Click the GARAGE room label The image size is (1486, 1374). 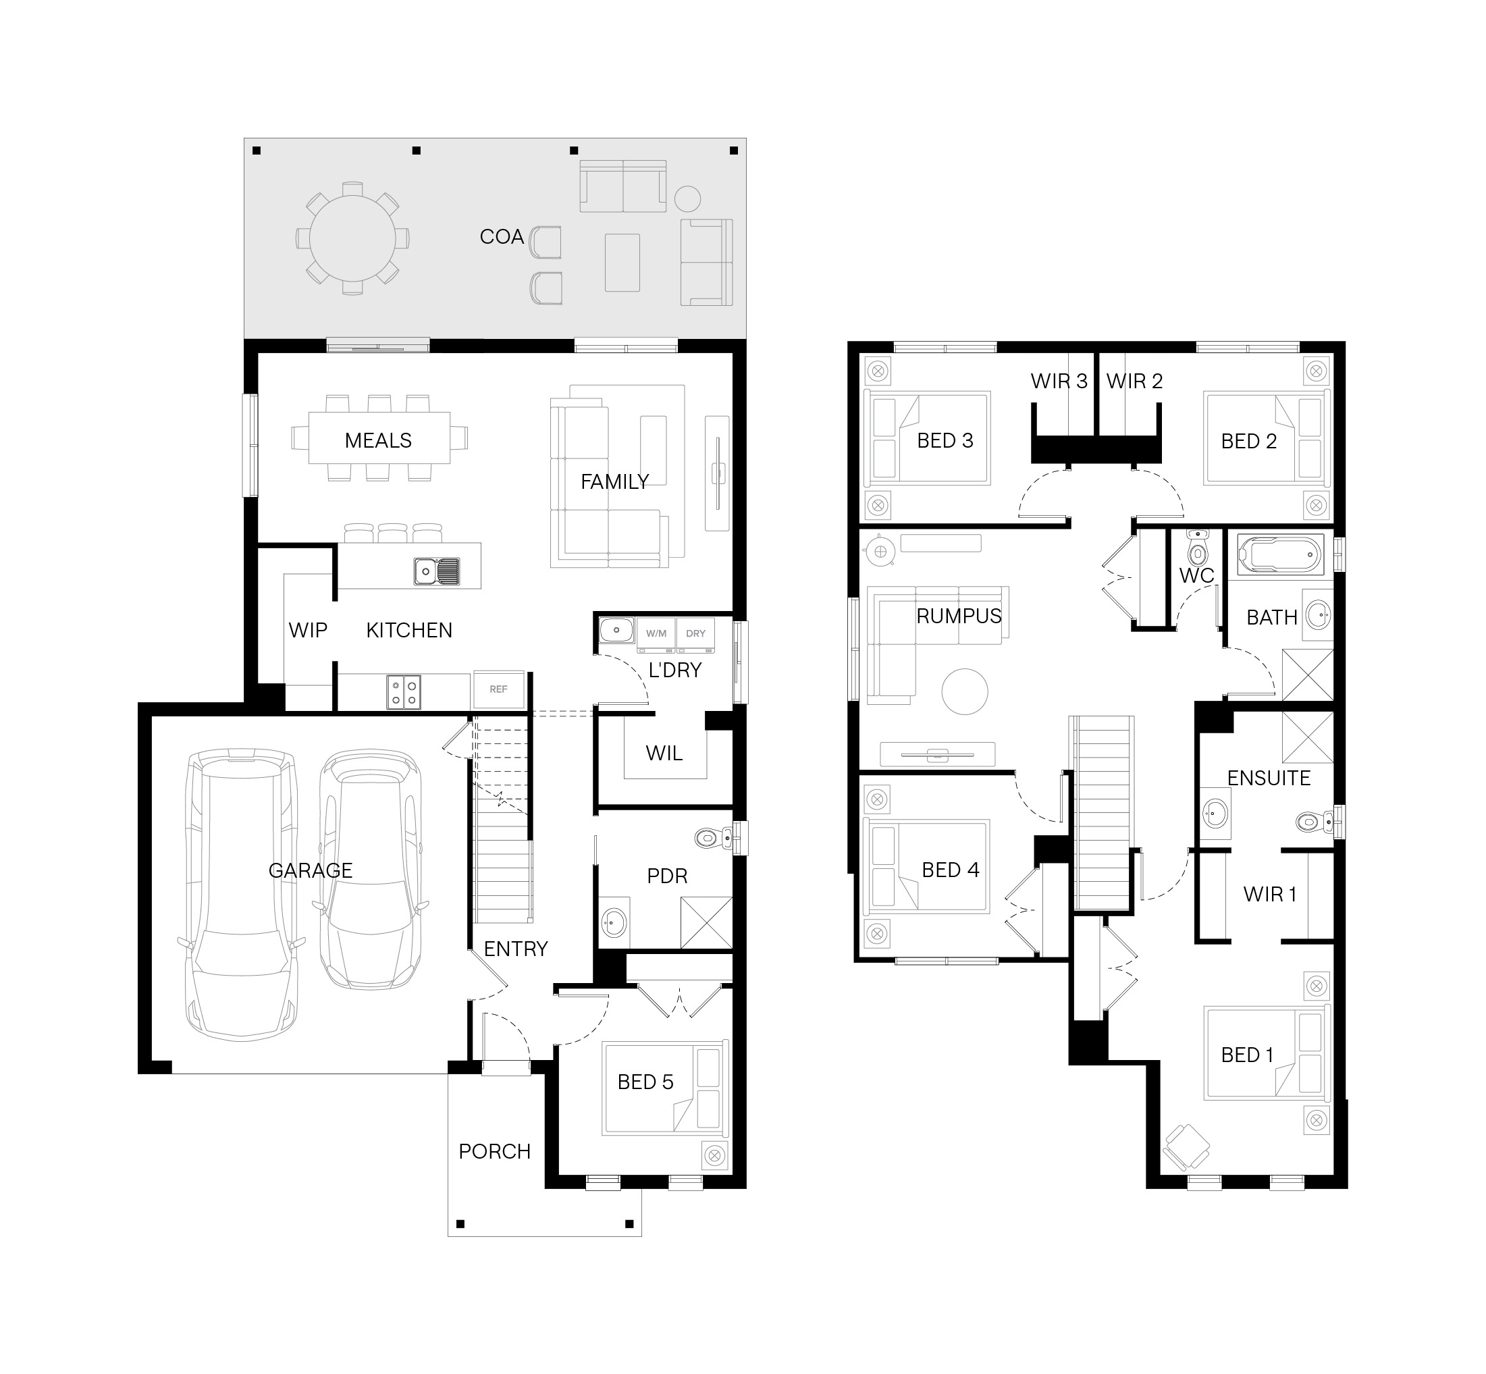click(310, 870)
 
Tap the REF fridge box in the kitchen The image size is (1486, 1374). click(499, 689)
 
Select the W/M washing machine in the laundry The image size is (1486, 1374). click(656, 633)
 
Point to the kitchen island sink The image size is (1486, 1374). click(437, 571)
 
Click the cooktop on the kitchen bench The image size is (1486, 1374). click(404, 691)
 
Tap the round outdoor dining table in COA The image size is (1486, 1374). click(352, 238)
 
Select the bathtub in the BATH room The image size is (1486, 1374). click(1279, 554)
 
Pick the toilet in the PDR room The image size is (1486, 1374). click(714, 839)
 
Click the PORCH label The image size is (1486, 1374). click(494, 1151)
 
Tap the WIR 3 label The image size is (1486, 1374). click(1059, 381)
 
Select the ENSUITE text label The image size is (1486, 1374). click(1268, 778)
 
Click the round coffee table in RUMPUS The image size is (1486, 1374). click(964, 691)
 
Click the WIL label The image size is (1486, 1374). click(664, 754)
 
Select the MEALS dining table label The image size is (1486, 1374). click(377, 440)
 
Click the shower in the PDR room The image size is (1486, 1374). click(706, 922)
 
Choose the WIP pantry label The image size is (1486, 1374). click(308, 630)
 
